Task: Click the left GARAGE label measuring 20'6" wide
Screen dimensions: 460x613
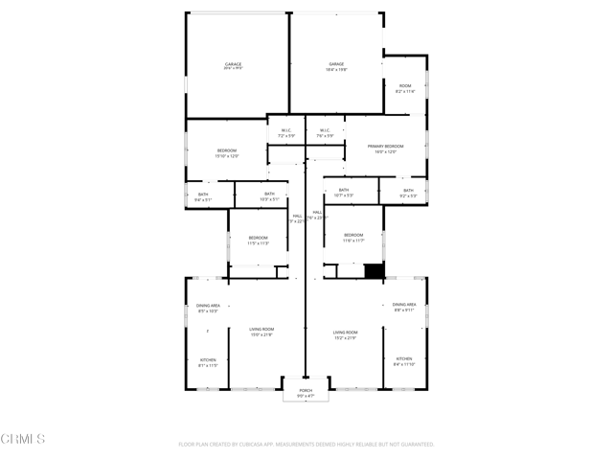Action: tap(233, 66)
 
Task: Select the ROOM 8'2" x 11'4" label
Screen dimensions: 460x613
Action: tap(405, 88)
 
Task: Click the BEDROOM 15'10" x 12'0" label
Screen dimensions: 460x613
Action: tap(227, 152)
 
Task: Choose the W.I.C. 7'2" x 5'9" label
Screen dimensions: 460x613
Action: tap(285, 133)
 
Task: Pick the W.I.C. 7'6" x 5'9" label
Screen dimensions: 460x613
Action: tap(325, 133)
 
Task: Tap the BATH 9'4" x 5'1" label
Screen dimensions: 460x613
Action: tap(203, 196)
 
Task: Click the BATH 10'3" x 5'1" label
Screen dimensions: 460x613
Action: tap(269, 196)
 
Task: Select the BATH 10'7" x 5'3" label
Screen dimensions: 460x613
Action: tap(345, 192)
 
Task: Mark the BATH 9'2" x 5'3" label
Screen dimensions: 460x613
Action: tap(408, 193)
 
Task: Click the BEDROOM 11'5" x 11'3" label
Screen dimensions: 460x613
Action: tap(259, 240)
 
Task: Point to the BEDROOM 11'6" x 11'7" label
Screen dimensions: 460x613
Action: tap(353, 237)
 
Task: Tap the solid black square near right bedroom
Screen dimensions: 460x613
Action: tap(374, 271)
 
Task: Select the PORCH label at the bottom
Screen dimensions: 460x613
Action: tap(306, 392)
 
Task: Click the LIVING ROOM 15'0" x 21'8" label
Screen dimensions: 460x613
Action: tap(261, 332)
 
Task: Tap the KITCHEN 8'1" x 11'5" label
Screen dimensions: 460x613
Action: tap(208, 362)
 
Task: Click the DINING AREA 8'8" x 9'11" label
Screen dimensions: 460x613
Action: tap(404, 307)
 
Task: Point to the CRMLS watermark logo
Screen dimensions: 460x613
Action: tap(24, 439)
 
